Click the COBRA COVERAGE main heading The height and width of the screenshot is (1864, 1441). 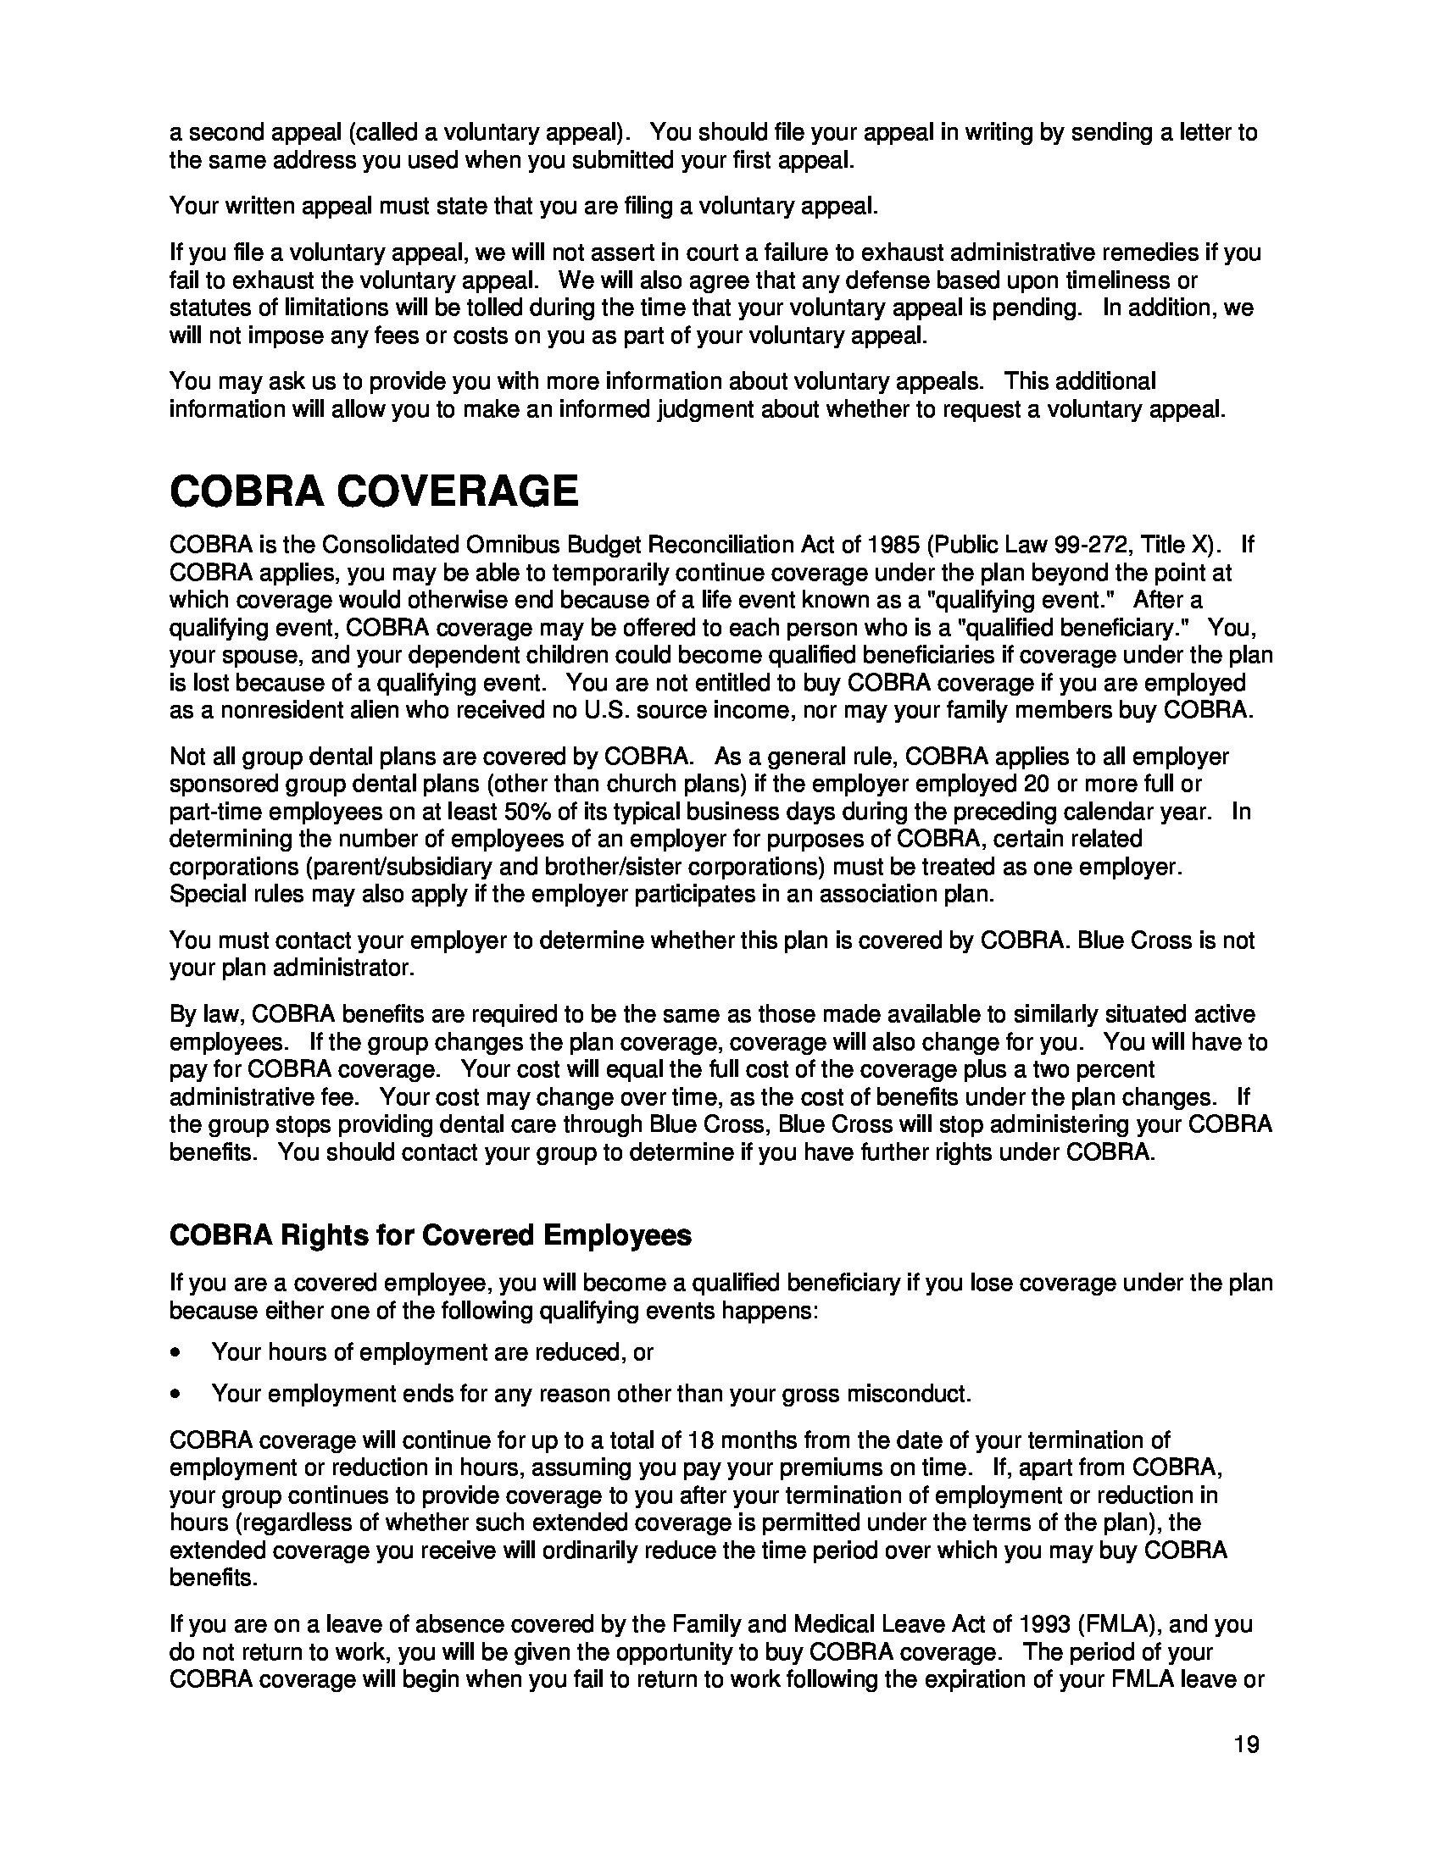(x=374, y=491)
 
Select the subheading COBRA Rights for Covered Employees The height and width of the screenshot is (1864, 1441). (x=431, y=1235)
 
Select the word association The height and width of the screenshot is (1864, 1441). (x=884, y=895)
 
